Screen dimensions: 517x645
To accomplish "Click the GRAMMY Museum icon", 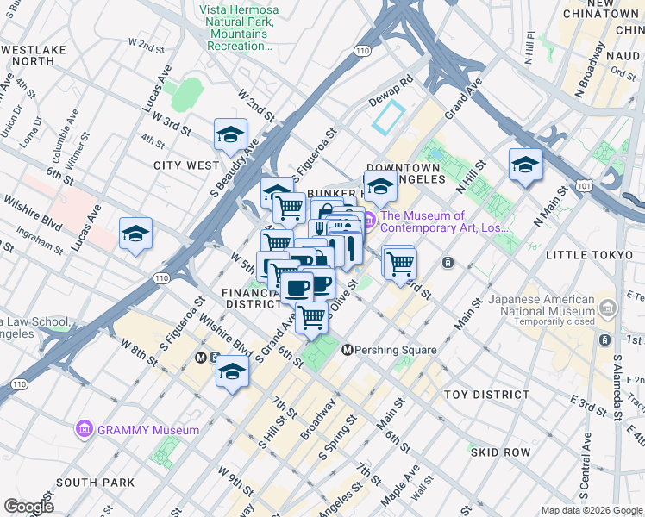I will pos(84,429).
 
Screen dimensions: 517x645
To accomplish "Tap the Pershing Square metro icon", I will pos(348,350).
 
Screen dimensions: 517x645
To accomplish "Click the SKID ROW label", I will pos(499,452).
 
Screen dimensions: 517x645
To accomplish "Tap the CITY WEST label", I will pos(186,165).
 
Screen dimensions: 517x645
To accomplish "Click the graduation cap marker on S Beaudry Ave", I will pos(231,135).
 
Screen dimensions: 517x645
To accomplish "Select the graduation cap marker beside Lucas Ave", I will pos(135,234).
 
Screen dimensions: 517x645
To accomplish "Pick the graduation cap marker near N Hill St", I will pos(524,165).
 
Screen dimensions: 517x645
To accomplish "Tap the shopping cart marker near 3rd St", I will pos(400,262).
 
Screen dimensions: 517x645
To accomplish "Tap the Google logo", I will pos(28,506).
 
